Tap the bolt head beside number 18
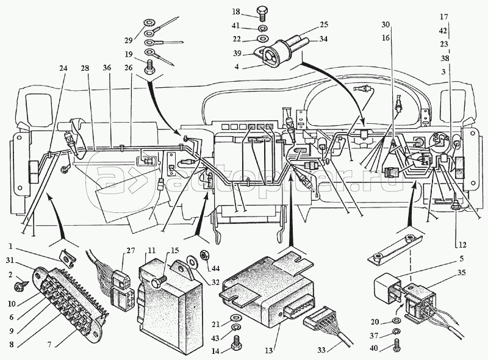pos(262,12)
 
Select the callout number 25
pos(323,25)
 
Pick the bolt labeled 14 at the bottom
pos(236,348)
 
